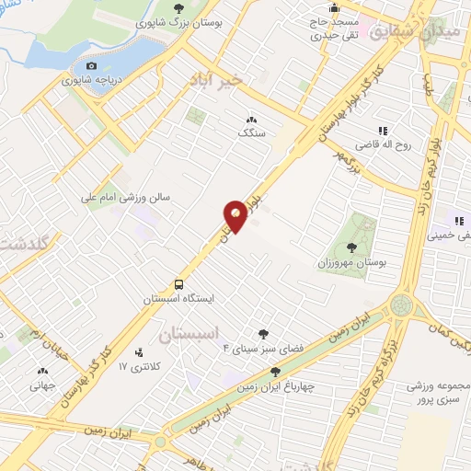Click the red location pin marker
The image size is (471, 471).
click(x=236, y=215)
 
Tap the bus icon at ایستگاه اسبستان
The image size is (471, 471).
click(x=178, y=284)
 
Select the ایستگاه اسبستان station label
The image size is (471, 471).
click(x=178, y=300)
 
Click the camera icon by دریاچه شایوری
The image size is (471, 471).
click(x=91, y=65)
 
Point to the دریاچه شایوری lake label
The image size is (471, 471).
click(x=91, y=80)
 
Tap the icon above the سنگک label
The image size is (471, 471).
click(x=250, y=120)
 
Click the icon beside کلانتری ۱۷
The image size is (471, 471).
click(x=140, y=352)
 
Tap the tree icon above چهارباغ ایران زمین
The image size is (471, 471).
click(x=275, y=372)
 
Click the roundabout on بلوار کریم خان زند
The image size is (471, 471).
click(x=401, y=304)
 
